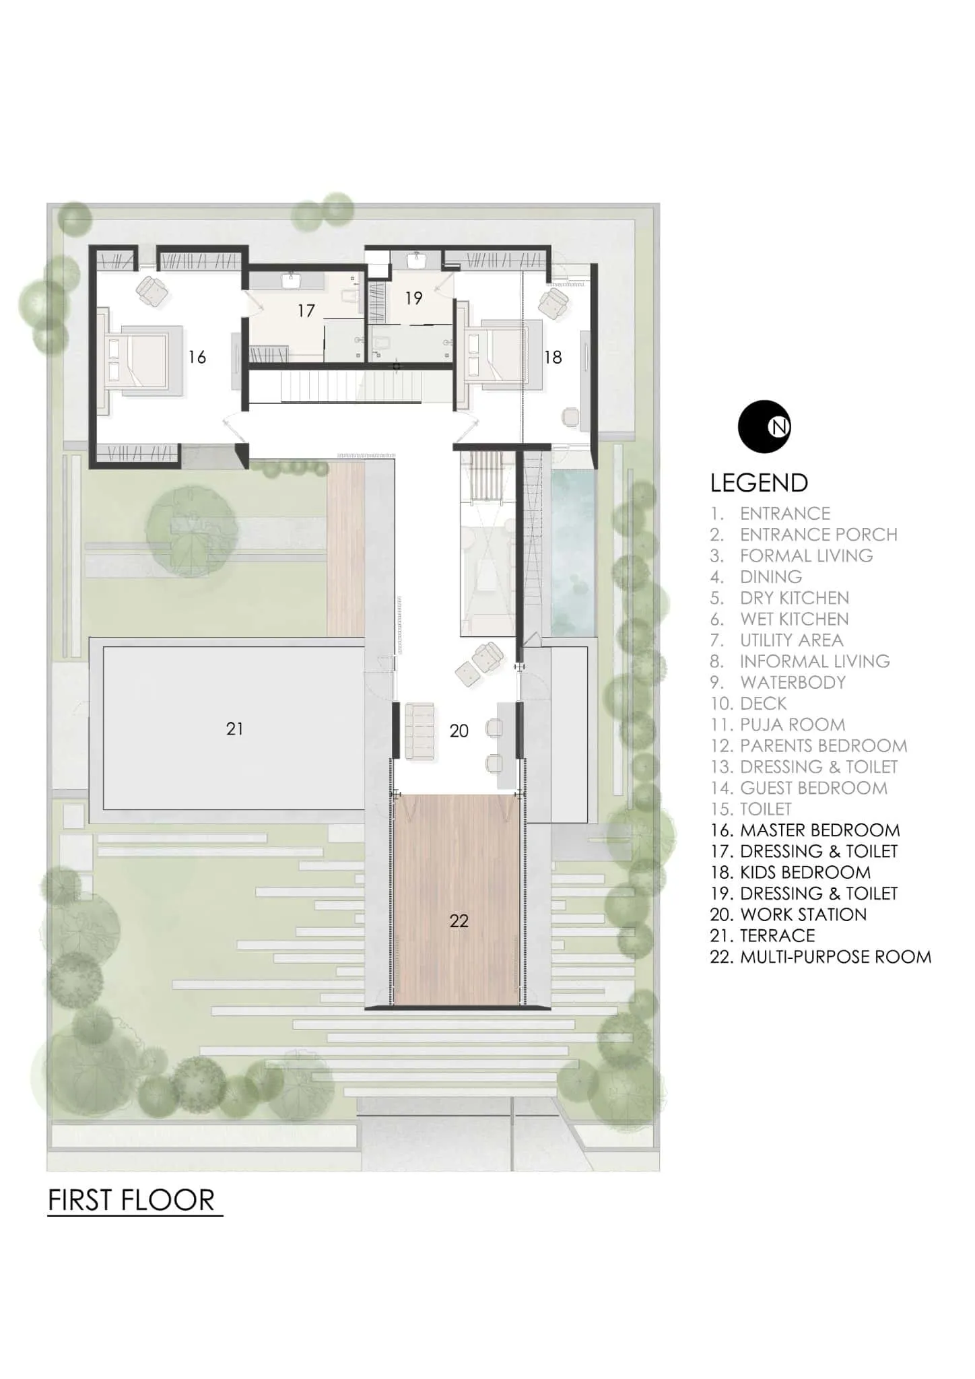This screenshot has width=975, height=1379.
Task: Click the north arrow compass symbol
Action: click(764, 426)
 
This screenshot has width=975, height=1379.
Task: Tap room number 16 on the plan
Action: click(197, 357)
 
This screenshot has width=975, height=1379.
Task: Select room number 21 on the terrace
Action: click(234, 729)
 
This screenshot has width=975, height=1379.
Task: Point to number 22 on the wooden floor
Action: click(459, 920)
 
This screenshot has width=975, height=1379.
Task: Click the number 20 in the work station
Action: click(459, 731)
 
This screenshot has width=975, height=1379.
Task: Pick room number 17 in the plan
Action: click(306, 310)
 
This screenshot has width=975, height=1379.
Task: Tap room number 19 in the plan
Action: click(413, 298)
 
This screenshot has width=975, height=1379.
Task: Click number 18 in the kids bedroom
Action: click(553, 357)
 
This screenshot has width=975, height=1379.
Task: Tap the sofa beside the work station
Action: click(418, 731)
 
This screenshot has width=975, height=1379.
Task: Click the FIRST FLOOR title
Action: click(132, 1200)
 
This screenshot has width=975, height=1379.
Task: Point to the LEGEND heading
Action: click(759, 483)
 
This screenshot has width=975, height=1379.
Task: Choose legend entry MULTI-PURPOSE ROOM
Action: click(820, 957)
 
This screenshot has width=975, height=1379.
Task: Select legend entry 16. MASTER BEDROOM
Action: click(805, 830)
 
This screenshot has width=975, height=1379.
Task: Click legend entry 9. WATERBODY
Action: click(778, 682)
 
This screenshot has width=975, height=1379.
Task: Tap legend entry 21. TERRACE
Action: click(762, 935)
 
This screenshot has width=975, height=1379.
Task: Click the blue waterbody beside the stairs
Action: click(574, 552)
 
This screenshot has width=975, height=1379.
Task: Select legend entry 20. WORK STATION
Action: click(788, 914)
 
